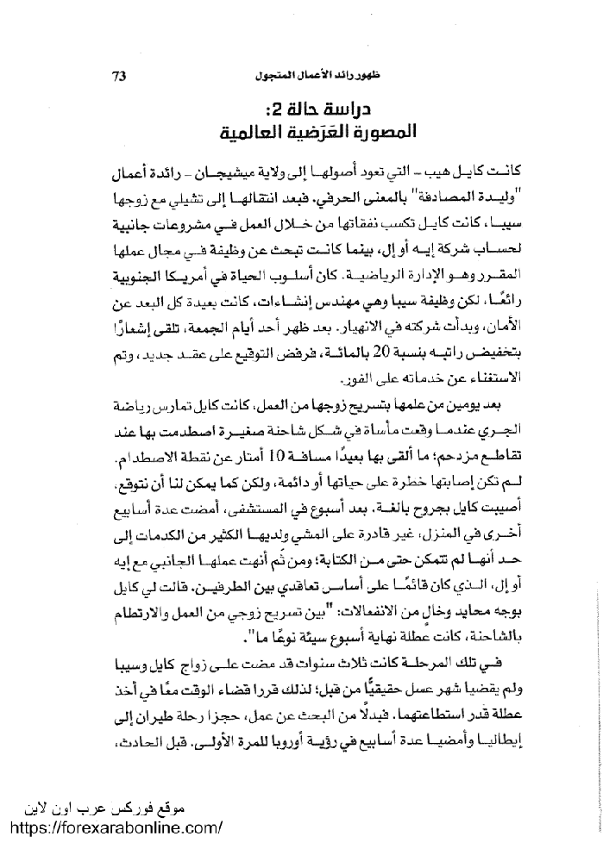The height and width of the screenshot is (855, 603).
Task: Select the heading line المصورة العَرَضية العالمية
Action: pyautogui.click(x=319, y=135)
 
